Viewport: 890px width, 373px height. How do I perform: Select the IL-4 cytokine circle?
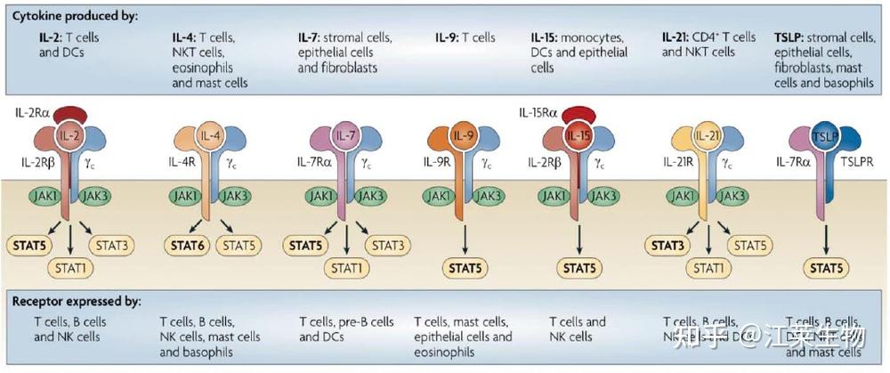pyautogui.click(x=211, y=135)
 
